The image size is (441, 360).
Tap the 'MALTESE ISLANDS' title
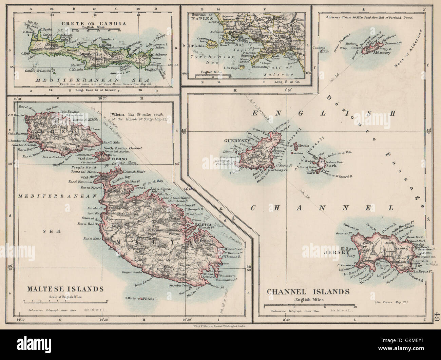click(63, 289)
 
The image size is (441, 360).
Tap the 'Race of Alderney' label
click(410, 51)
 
